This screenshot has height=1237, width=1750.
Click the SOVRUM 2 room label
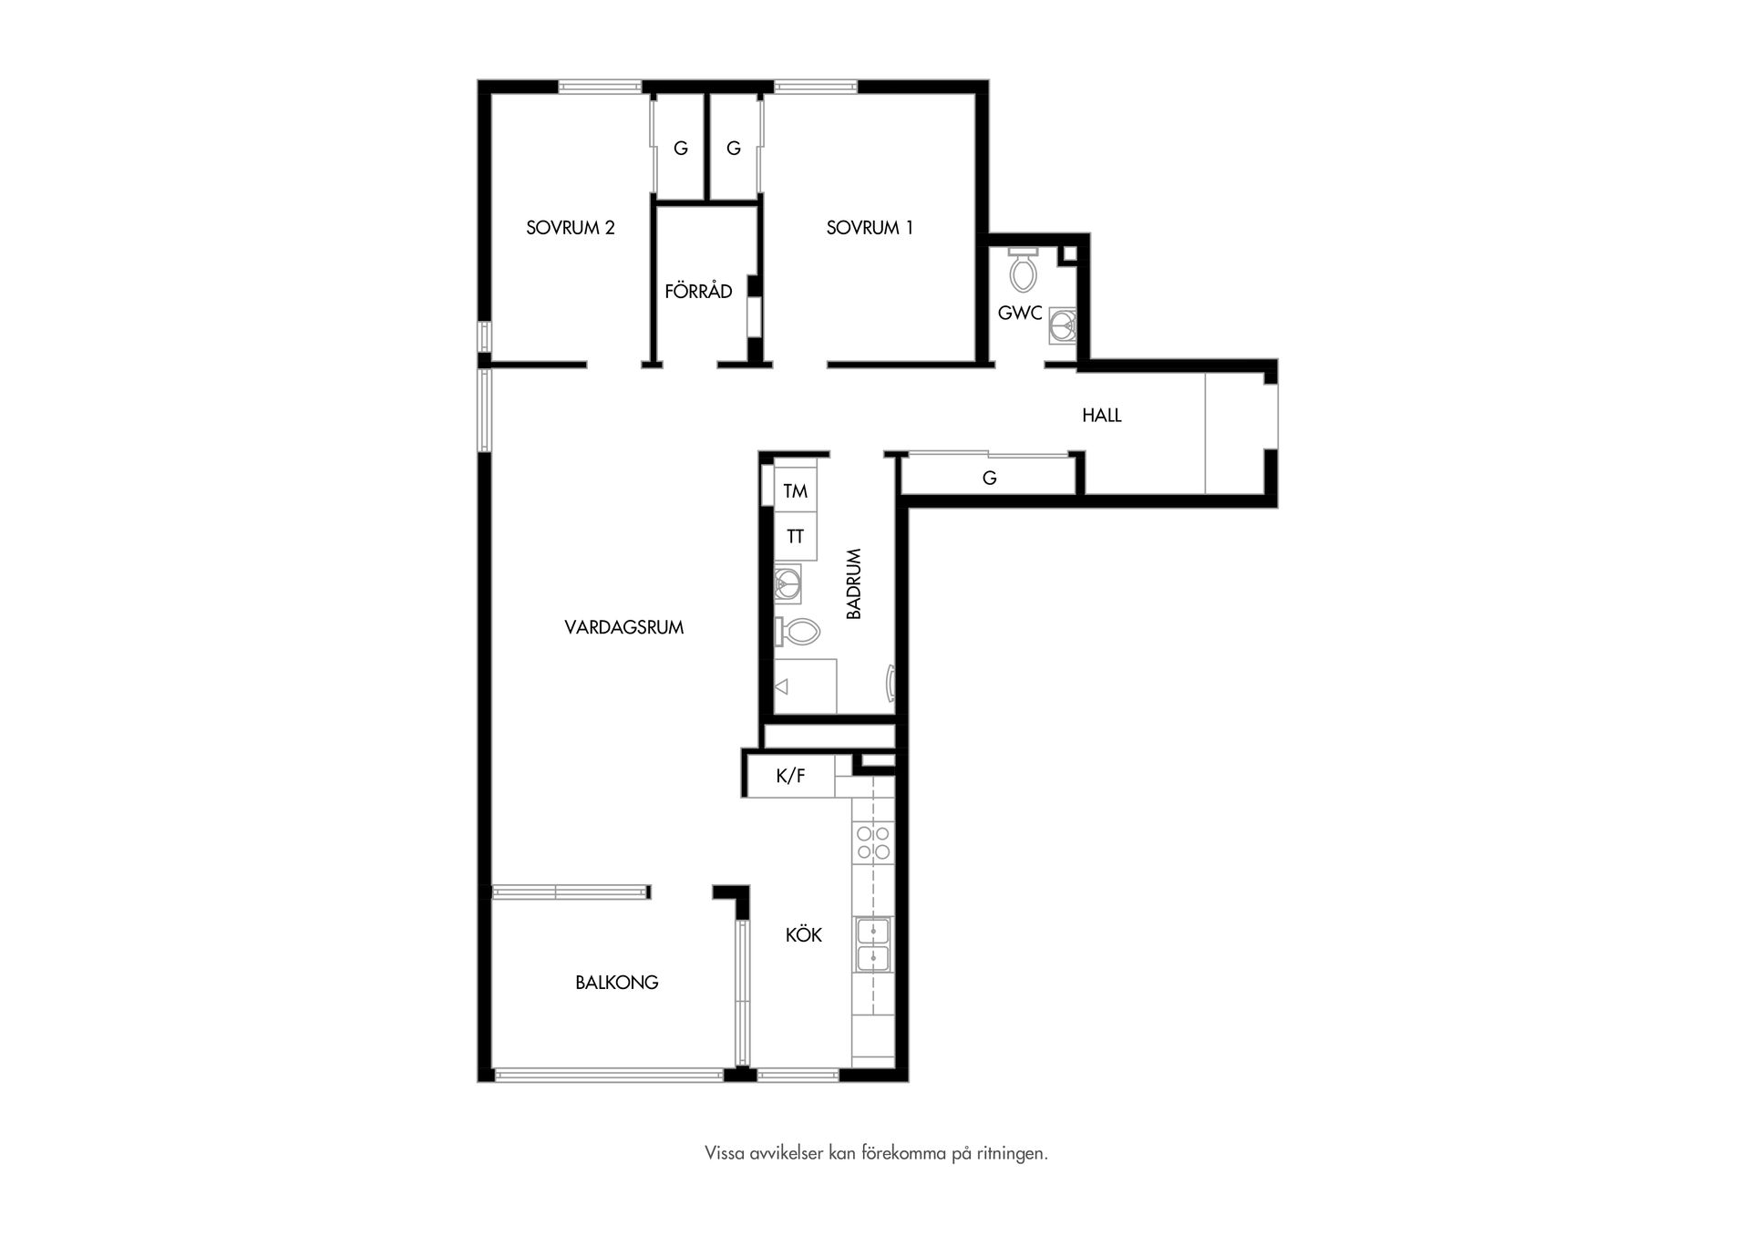pyautogui.click(x=571, y=228)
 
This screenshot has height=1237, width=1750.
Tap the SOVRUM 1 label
pyautogui.click(x=870, y=228)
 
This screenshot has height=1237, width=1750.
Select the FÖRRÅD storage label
pyautogui.click(x=698, y=291)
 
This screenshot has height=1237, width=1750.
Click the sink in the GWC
pyautogui.click(x=1062, y=325)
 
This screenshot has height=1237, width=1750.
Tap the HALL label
pyautogui.click(x=1101, y=416)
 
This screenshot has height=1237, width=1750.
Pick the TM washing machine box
pyautogui.click(x=795, y=490)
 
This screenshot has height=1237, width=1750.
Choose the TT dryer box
pyautogui.click(x=795, y=536)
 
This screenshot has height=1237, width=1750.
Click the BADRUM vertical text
pyautogui.click(x=854, y=583)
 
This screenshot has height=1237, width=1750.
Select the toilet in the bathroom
pyautogui.click(x=798, y=631)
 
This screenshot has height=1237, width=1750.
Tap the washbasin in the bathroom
pyautogui.click(x=787, y=583)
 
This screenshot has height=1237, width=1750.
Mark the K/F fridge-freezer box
pyautogui.click(x=790, y=776)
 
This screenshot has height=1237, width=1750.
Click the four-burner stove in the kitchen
pyautogui.click(x=873, y=841)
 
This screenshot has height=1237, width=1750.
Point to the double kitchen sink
pyautogui.click(x=873, y=944)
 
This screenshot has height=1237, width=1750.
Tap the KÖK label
pyautogui.click(x=804, y=934)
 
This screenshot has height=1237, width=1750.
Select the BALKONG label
pyautogui.click(x=617, y=983)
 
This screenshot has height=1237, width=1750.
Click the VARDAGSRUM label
pyautogui.click(x=624, y=627)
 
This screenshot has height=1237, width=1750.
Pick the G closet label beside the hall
pyautogui.click(x=990, y=478)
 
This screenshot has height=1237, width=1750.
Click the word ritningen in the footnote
pyautogui.click(x=1012, y=1154)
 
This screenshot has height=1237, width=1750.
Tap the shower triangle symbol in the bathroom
pyautogui.click(x=781, y=686)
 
